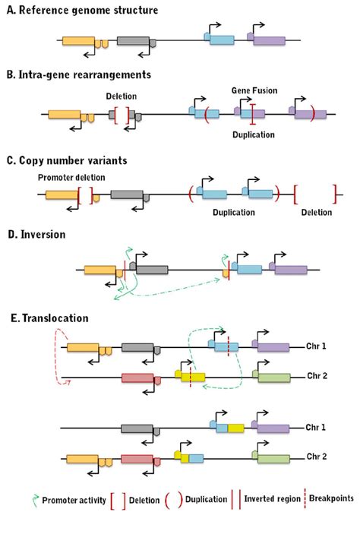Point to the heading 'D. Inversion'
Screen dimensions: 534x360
[x=38, y=235]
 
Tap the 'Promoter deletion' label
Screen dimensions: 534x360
[x=63, y=176]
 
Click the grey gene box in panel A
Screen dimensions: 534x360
[x=133, y=41]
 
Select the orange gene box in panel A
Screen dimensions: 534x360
[x=77, y=41]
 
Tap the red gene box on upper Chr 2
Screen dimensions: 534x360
[x=137, y=378]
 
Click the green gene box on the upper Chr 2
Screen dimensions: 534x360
[x=274, y=377]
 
